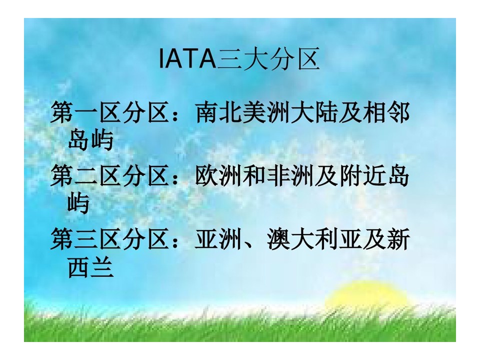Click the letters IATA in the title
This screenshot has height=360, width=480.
point(188,58)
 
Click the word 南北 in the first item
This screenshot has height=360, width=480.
point(218,112)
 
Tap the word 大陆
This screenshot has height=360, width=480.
point(314,112)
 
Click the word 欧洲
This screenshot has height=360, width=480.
point(218,176)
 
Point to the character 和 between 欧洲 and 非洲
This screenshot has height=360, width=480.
point(254,176)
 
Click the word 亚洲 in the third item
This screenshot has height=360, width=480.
point(218,239)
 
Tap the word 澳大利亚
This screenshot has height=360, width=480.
point(314,239)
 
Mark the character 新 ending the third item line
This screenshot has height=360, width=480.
point(398,239)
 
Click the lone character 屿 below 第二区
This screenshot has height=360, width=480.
point(78,202)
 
